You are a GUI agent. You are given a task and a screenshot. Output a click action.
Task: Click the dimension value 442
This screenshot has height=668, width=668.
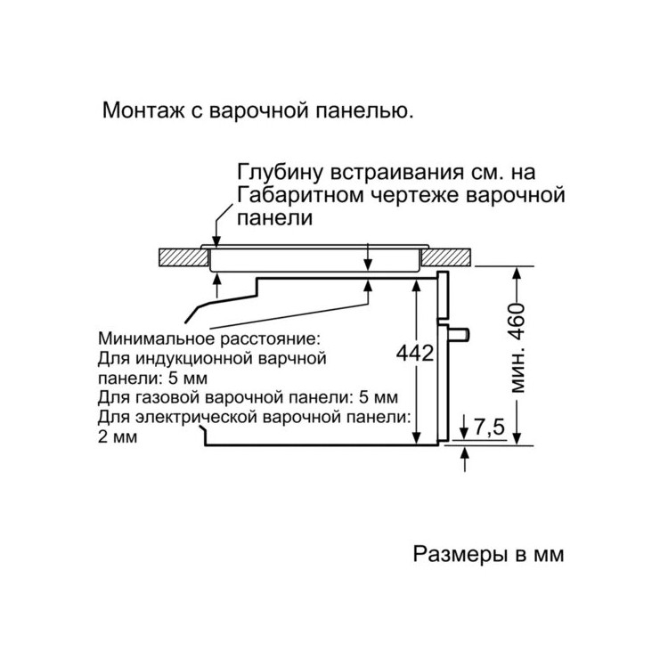(x=414, y=353)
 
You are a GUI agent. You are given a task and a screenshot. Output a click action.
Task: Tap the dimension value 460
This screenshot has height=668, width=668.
(x=518, y=322)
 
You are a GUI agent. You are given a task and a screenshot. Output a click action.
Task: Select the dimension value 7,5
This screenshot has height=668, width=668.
(x=488, y=427)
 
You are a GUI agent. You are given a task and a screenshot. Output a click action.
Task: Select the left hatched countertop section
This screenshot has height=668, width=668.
(x=183, y=257)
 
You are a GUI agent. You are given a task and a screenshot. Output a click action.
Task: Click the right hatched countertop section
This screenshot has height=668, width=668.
(x=447, y=257)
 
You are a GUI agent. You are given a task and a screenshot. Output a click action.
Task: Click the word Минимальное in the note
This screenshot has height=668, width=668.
(x=159, y=339)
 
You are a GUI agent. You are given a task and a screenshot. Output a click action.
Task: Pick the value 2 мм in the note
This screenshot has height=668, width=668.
(x=118, y=437)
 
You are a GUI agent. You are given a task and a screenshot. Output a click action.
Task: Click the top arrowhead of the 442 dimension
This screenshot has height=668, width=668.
(x=416, y=285)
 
